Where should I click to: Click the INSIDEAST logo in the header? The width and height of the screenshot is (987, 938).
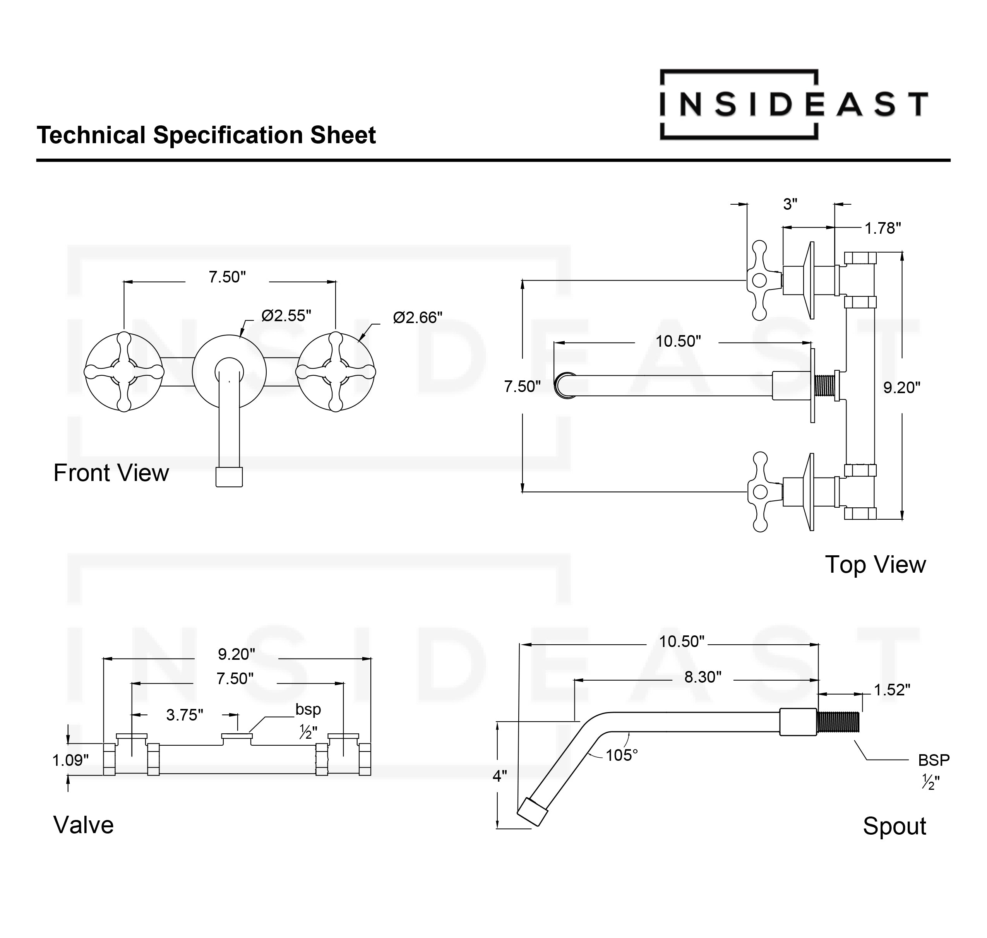pyautogui.click(x=793, y=104)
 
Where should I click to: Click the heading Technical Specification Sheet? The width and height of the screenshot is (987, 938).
pyautogui.click(x=206, y=135)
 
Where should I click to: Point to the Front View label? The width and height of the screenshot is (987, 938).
pyautogui.click(x=111, y=472)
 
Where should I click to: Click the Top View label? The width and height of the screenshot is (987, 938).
pyautogui.click(x=875, y=565)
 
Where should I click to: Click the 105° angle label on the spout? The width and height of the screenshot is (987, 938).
pyautogui.click(x=622, y=755)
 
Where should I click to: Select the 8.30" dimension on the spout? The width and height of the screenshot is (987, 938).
pyautogui.click(x=703, y=677)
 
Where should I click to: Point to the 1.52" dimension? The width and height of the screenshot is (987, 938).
pyautogui.click(x=891, y=690)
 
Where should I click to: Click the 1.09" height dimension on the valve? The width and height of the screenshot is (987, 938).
pyautogui.click(x=70, y=760)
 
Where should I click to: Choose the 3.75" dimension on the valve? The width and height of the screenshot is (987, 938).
pyautogui.click(x=185, y=715)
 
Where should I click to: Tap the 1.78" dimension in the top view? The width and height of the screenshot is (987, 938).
pyautogui.click(x=882, y=228)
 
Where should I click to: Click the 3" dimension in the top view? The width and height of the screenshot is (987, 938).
pyautogui.click(x=790, y=204)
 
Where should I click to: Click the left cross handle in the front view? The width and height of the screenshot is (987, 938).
pyautogui.click(x=124, y=371)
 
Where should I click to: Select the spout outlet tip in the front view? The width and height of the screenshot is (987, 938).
pyautogui.click(x=229, y=477)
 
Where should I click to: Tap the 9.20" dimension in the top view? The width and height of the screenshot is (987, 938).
pyautogui.click(x=901, y=387)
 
